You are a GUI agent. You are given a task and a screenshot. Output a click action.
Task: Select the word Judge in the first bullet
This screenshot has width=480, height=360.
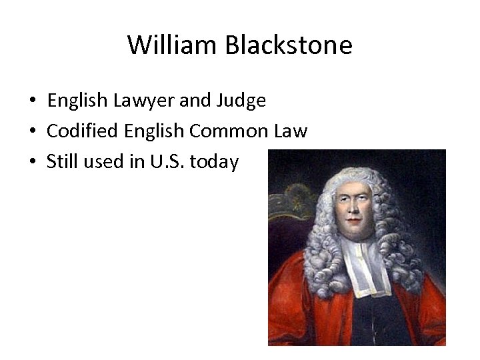tap(242, 101)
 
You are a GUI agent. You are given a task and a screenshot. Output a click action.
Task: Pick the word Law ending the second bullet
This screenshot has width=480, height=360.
tap(291, 131)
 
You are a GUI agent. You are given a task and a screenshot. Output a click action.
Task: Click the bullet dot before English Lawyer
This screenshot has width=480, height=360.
tap(32, 101)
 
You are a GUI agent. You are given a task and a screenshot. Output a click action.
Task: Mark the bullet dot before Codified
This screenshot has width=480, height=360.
tap(32, 131)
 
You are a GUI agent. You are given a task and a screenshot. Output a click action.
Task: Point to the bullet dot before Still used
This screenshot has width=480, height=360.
tap(32, 161)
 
